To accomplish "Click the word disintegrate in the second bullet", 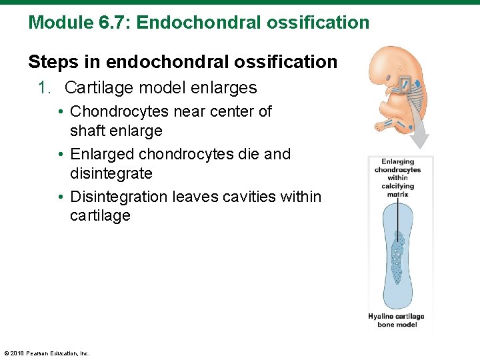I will (111, 173).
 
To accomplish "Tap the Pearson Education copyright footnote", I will (47, 353).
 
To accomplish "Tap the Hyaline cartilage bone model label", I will (397, 320).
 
